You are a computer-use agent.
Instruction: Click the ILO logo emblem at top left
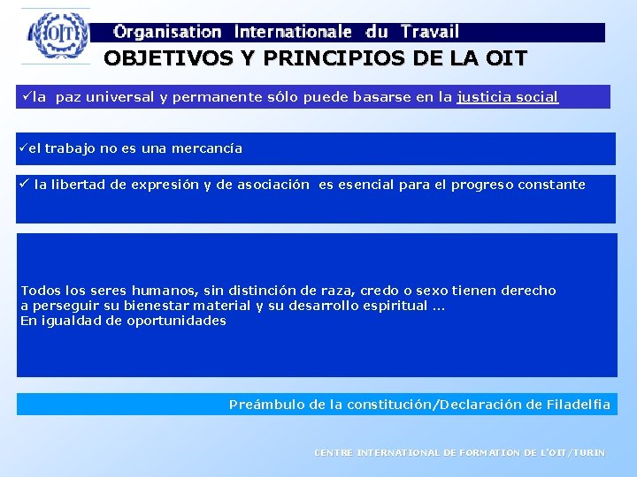[x=57, y=37]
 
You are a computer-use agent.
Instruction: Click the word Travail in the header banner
[x=429, y=33]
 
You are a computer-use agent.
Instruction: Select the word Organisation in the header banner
[x=168, y=33]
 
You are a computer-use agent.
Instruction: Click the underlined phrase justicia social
[x=507, y=97]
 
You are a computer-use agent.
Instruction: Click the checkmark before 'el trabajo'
[x=22, y=148]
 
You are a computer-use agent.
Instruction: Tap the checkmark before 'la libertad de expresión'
[x=24, y=185]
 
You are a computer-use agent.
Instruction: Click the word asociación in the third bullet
[x=275, y=185]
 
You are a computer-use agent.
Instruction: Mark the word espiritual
[x=395, y=306]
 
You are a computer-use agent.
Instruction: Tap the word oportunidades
[x=175, y=321]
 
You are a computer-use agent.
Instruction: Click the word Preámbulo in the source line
[x=266, y=405]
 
